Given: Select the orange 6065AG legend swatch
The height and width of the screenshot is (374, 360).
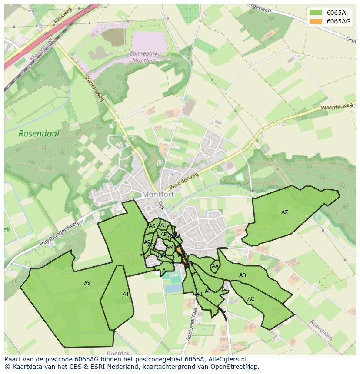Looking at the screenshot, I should click(x=316, y=21).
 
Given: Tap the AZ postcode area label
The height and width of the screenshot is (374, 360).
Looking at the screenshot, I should click(x=284, y=212).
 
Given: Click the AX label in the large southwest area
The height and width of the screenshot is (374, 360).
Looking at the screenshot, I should click(x=87, y=284).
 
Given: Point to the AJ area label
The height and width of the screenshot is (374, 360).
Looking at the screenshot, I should click(x=125, y=295).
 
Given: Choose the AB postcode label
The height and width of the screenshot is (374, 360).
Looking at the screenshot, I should click(x=243, y=275).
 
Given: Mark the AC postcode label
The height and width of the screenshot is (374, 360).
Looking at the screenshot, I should click(x=251, y=299).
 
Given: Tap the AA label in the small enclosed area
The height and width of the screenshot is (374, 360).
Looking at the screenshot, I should click(x=215, y=266).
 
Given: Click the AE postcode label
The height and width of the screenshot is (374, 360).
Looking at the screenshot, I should click(x=208, y=291).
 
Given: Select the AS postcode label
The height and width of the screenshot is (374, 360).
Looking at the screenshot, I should click(x=152, y=226).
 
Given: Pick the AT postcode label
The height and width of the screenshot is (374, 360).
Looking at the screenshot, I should click(x=163, y=225).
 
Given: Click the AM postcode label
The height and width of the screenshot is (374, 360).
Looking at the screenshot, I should click(x=170, y=248).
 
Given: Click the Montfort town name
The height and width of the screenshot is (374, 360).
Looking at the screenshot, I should click(x=158, y=195).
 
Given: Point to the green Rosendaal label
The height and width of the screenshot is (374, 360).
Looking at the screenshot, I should click(x=39, y=134).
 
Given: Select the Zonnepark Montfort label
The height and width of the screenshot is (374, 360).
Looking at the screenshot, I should click(x=143, y=57).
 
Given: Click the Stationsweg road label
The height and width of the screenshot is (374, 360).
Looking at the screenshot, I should click(x=94, y=88).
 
